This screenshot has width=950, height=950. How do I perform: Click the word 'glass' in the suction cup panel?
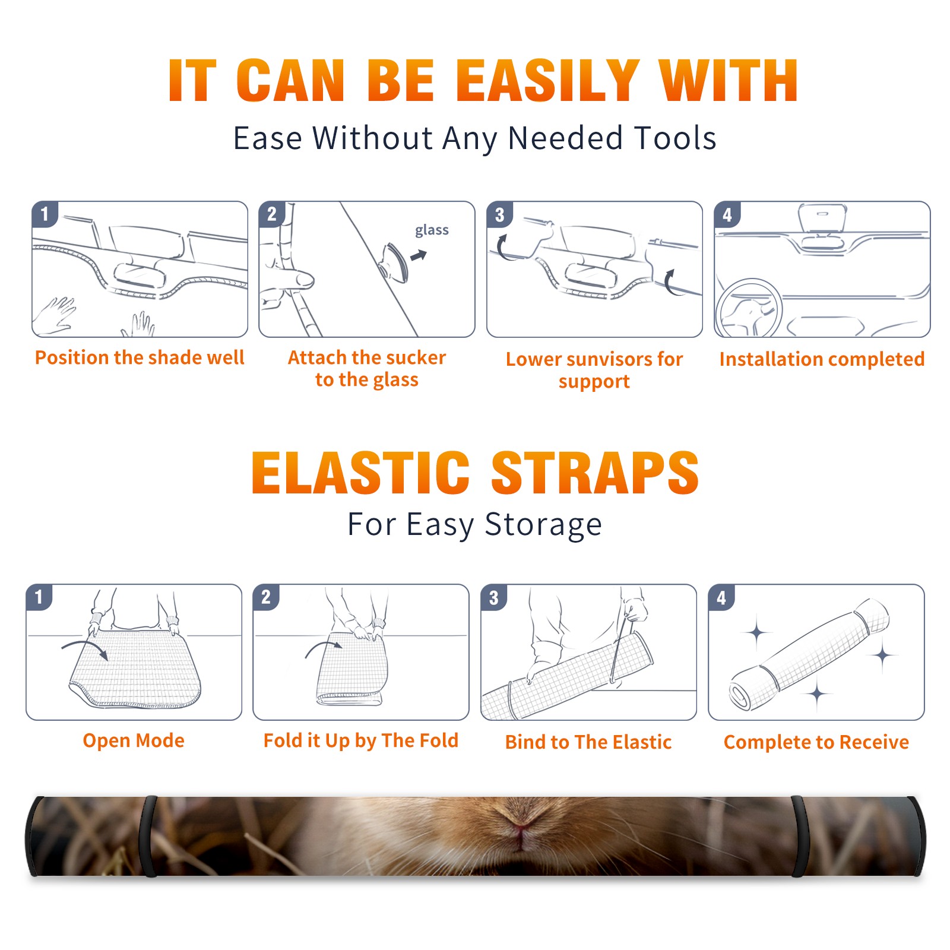pyautogui.click(x=432, y=230)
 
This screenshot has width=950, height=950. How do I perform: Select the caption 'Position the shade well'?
pyautogui.click(x=140, y=357)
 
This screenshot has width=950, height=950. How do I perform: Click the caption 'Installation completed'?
pyautogui.click(x=822, y=359)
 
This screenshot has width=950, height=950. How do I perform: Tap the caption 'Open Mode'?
pyautogui.click(x=134, y=740)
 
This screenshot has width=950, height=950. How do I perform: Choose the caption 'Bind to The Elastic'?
pyautogui.click(x=588, y=742)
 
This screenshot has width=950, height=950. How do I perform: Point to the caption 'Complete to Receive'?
pyautogui.click(x=816, y=742)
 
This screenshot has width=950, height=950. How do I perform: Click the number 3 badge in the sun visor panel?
pyautogui.click(x=499, y=214)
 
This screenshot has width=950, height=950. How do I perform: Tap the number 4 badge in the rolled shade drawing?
pyautogui.click(x=721, y=597)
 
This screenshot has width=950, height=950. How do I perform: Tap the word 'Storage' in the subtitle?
pyautogui.click(x=543, y=525)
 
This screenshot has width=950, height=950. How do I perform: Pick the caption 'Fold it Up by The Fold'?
pyautogui.click(x=361, y=740)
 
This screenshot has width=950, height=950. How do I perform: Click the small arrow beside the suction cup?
pyautogui.click(x=419, y=255)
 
